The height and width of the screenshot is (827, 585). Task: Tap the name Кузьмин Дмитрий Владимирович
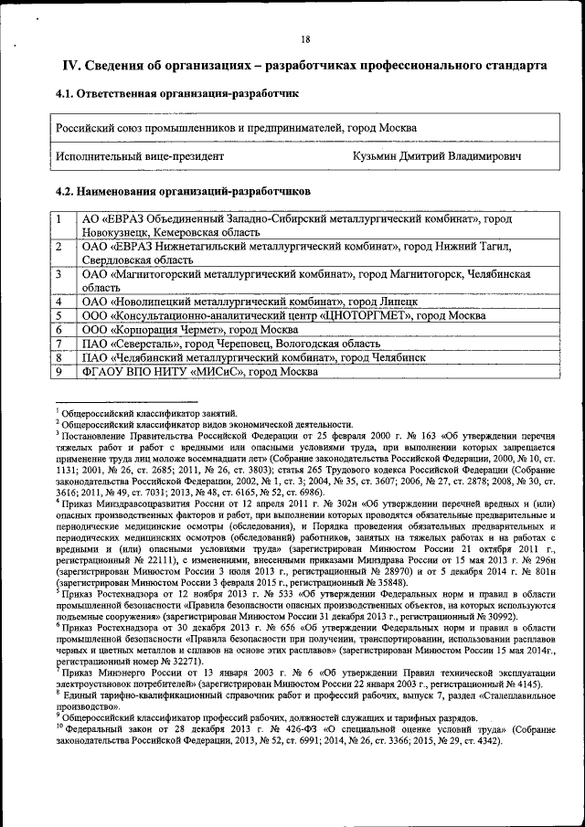coord(437,156)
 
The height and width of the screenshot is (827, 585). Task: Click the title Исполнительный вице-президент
coord(140,156)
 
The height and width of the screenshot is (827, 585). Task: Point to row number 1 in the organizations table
coord(58,220)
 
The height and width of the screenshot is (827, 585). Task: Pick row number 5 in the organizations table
coord(58,315)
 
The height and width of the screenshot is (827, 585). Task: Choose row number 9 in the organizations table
coord(58,372)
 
